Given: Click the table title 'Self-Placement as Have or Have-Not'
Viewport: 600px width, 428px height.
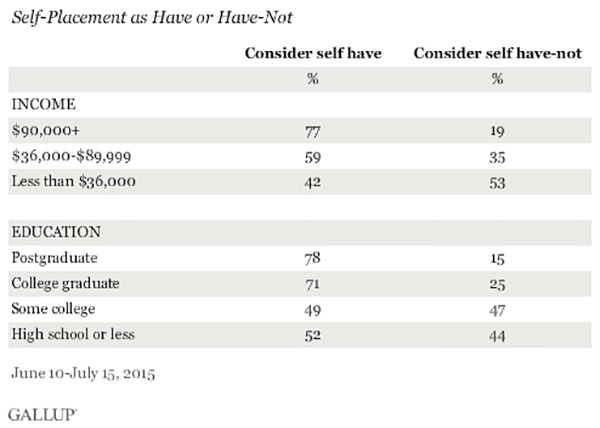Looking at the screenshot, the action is tap(152, 18).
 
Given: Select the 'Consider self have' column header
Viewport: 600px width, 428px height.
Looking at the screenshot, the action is tap(313, 53).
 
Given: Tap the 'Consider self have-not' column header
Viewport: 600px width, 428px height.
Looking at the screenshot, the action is tap(497, 53).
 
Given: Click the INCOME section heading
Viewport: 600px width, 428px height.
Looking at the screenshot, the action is tap(44, 104).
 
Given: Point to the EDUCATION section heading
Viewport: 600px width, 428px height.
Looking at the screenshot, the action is tap(56, 232).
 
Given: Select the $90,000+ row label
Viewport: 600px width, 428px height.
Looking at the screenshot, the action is tap(46, 130).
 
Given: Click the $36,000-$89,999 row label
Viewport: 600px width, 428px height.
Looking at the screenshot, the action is tap(72, 156).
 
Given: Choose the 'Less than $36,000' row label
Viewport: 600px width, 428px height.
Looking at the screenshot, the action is tap(73, 181).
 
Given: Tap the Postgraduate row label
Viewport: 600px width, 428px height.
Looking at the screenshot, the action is tap(54, 258).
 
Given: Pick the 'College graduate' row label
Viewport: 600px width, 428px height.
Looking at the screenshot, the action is tap(65, 284).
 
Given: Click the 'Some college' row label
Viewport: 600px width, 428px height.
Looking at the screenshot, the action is tap(53, 309).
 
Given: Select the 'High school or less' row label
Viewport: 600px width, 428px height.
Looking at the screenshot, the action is tap(73, 334).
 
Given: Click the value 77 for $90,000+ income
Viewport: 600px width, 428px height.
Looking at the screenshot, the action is tap(313, 132).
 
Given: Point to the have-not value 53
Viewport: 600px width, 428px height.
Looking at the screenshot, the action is tap(497, 183).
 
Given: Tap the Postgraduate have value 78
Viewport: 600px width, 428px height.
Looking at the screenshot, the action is tap(313, 258).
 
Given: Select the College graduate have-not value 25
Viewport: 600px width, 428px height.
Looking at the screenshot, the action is tap(497, 285).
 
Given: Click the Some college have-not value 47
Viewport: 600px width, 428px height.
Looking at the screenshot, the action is tap(497, 310).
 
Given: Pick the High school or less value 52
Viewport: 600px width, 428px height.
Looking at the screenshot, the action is tap(313, 335).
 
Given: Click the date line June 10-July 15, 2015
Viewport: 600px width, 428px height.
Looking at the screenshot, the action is tap(83, 373).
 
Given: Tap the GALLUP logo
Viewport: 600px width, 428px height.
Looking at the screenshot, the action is tap(42, 415).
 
